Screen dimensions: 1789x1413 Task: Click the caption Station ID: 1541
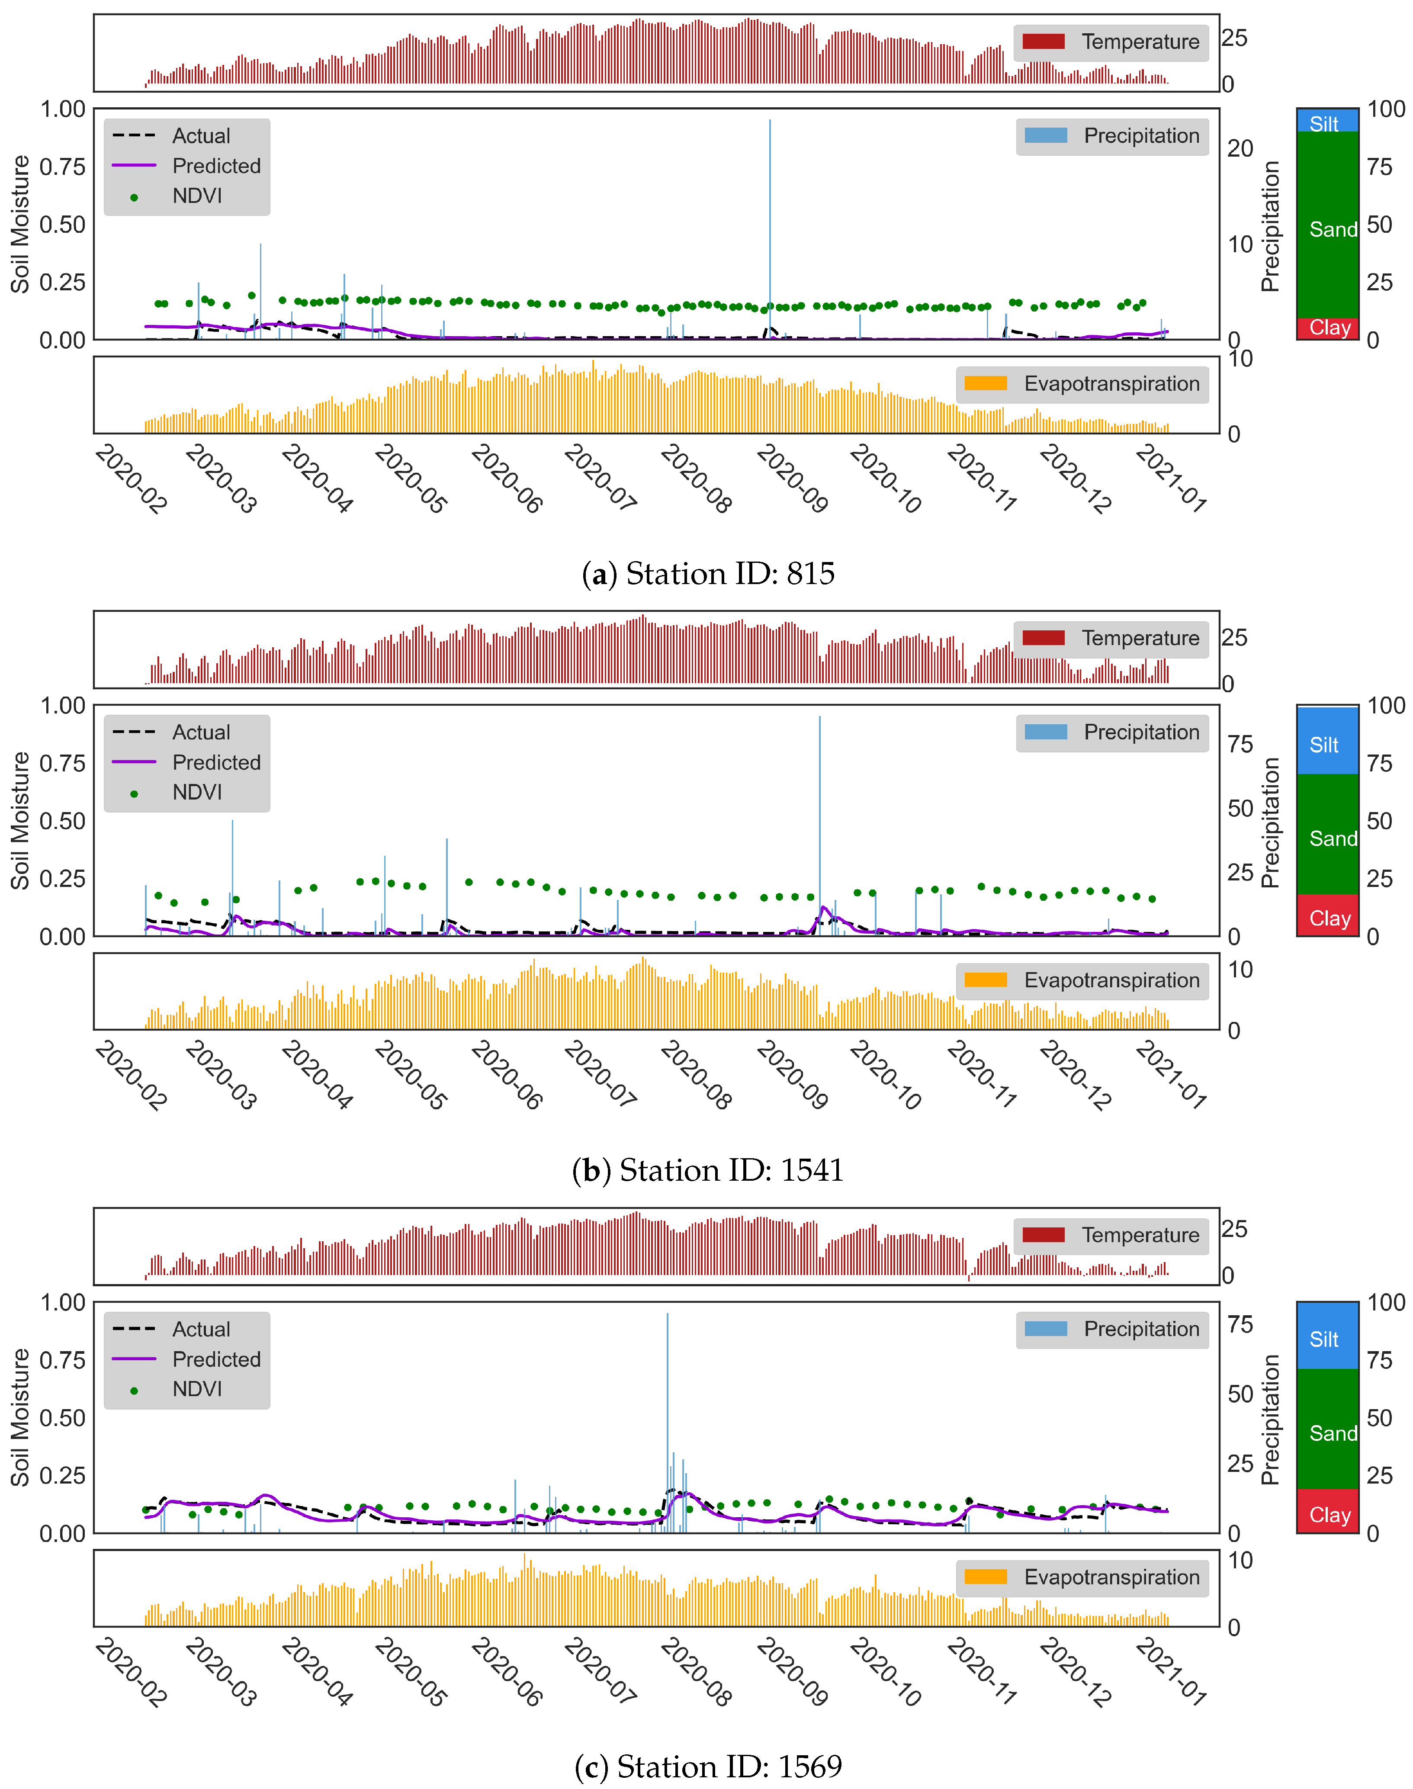[x=708, y=1170]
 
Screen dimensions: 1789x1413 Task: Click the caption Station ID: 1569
[x=708, y=1767]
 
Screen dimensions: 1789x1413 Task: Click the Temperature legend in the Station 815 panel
[x=1111, y=42]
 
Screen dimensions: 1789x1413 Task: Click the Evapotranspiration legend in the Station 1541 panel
[x=1082, y=980]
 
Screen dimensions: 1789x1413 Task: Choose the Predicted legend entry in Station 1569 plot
[x=187, y=1359]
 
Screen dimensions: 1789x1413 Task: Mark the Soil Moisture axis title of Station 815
[x=20, y=224]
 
